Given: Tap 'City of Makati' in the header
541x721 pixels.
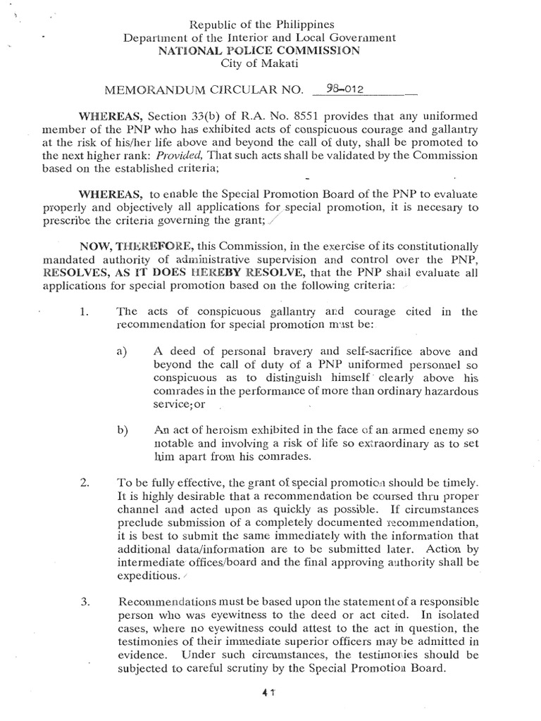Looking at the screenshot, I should [270, 64].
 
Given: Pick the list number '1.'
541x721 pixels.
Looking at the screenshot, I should [84, 311].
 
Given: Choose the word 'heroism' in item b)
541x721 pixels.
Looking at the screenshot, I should [216, 430].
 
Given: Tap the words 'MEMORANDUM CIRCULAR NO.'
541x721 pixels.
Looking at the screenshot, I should [204, 90].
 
